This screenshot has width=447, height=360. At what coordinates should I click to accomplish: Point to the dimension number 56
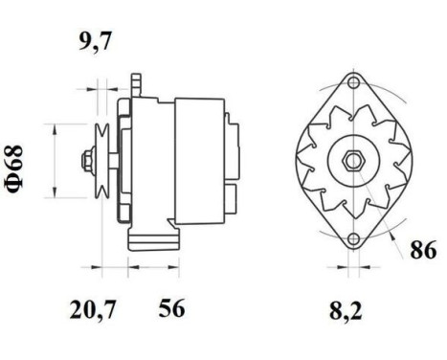click(x=170, y=308)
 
